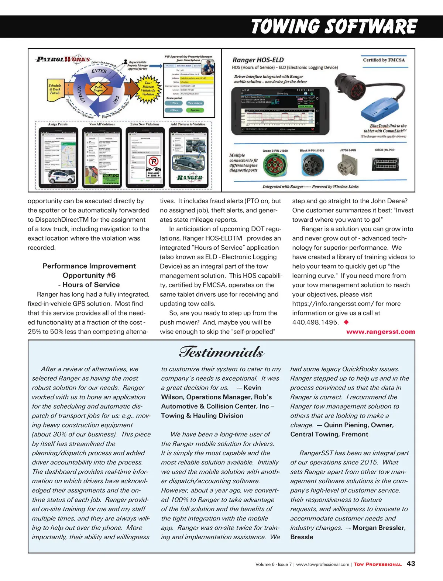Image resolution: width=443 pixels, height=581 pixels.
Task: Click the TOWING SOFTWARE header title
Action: click(x=334, y=27)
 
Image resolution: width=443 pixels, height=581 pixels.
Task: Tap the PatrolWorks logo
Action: click(x=63, y=59)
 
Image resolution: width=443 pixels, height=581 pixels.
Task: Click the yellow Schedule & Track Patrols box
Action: click(x=55, y=89)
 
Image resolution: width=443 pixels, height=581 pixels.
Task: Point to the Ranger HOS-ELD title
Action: click(x=258, y=60)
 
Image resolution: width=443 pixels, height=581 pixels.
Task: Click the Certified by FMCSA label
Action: click(x=384, y=60)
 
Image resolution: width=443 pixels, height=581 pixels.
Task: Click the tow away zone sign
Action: click(x=154, y=166)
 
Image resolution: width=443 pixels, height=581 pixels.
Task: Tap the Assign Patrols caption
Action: click(x=58, y=124)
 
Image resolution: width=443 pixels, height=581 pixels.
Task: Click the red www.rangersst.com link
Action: click(x=380, y=332)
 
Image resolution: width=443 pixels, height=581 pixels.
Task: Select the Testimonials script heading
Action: click(x=221, y=352)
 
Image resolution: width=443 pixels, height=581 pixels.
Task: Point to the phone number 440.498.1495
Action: click(x=315, y=322)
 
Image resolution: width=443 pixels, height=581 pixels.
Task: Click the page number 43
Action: click(x=411, y=564)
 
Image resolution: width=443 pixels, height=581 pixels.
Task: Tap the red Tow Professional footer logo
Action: click(x=377, y=564)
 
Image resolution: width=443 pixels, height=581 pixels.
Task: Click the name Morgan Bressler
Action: click(x=379, y=528)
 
